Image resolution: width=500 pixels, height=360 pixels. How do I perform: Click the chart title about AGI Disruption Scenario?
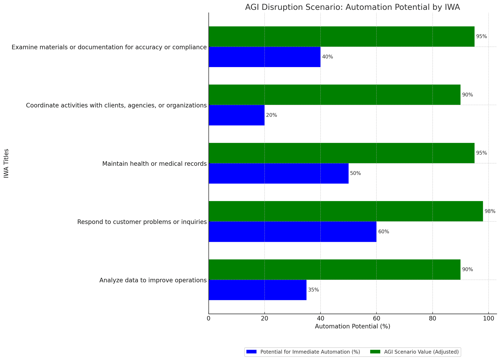[x=352, y=7]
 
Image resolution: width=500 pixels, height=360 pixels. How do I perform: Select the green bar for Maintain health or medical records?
[x=341, y=153]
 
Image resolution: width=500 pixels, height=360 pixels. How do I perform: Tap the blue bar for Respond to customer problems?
[x=292, y=231]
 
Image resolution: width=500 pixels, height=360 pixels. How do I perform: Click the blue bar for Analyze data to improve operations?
[x=257, y=290]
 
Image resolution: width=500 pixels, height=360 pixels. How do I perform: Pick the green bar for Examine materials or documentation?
[x=341, y=36]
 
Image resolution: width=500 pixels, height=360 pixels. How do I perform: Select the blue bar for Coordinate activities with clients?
[x=237, y=115]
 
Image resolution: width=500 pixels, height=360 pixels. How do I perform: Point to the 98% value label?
[x=490, y=211]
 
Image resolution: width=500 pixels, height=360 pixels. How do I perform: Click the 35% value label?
[x=313, y=290]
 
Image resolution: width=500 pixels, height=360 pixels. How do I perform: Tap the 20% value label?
[x=272, y=115]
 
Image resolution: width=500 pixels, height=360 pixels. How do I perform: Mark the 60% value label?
[x=384, y=231]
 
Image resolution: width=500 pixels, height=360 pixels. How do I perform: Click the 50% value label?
[x=355, y=173]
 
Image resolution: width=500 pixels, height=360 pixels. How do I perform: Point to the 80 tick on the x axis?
[x=432, y=319]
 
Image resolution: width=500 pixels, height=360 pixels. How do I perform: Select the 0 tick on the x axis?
[x=209, y=319]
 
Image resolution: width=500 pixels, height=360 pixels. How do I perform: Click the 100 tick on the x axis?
[x=488, y=319]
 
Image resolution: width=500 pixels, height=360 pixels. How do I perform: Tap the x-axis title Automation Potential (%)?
[x=352, y=326]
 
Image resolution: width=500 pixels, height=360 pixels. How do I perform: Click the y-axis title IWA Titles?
[x=6, y=163]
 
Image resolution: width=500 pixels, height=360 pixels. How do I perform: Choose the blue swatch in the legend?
[x=251, y=352]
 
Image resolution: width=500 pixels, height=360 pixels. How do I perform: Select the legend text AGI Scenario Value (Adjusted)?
[x=421, y=352]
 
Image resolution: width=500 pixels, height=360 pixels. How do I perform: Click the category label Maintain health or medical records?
[x=154, y=164]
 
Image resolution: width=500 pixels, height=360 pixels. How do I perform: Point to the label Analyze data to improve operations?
[x=153, y=280]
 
